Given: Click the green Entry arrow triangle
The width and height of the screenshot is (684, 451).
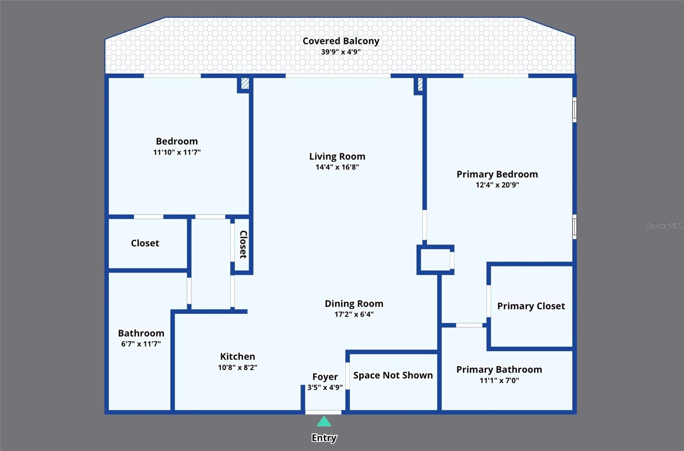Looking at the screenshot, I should click(x=324, y=422).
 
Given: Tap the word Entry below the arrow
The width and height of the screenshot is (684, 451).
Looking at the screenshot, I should click(x=324, y=438).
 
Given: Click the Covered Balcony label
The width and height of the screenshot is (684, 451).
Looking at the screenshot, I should click(x=341, y=41).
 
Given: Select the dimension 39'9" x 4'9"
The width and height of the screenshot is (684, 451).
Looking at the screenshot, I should click(x=341, y=52).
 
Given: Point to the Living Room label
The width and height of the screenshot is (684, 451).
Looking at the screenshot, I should click(x=337, y=157).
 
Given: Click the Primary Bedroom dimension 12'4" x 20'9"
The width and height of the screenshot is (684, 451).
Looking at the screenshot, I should click(x=497, y=185).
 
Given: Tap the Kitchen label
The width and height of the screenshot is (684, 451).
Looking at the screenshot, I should click(x=237, y=356).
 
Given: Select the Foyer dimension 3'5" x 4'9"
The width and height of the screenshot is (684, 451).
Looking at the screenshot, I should click(x=325, y=388).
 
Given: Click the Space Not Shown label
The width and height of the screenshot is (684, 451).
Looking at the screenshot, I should click(x=393, y=375).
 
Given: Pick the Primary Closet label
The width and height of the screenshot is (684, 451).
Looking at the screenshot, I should click(x=531, y=306).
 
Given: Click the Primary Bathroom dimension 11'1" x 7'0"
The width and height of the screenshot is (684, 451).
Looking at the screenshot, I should click(x=499, y=380).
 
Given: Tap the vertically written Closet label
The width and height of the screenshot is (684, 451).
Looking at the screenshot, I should click(x=243, y=244).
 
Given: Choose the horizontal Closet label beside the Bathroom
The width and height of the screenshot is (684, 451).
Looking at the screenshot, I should click(x=145, y=243).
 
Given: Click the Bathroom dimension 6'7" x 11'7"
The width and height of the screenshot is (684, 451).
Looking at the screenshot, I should click(x=141, y=344).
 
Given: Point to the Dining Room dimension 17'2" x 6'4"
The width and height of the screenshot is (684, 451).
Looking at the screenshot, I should click(x=354, y=315).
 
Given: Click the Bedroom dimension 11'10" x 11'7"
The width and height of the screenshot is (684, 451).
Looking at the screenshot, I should click(x=177, y=152).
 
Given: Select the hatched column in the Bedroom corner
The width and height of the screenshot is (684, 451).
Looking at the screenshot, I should click(x=245, y=83).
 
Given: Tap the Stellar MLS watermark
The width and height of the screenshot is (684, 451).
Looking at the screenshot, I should click(x=663, y=226).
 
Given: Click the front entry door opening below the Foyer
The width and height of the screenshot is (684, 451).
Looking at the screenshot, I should click(x=323, y=412).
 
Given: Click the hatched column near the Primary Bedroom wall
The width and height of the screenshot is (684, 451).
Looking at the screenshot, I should click(x=420, y=84).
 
